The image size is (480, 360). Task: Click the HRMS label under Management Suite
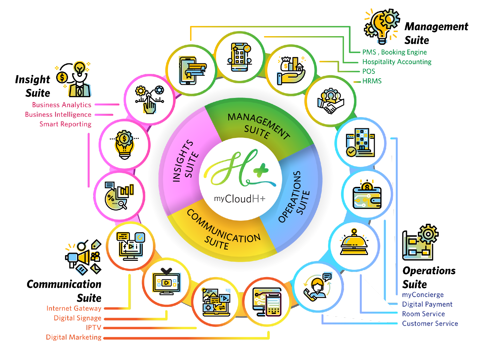(x=372, y=81)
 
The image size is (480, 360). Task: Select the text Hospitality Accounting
(x=397, y=62)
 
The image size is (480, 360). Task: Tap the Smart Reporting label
(x=65, y=124)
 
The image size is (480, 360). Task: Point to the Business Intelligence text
(x=58, y=115)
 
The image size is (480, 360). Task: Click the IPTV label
(x=93, y=328)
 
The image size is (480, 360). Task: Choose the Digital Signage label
(x=77, y=318)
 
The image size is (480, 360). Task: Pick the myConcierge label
(x=423, y=295)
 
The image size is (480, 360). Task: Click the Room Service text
(x=423, y=314)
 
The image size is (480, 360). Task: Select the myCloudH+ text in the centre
(x=240, y=199)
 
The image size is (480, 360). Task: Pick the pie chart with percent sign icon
(x=119, y=196)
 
